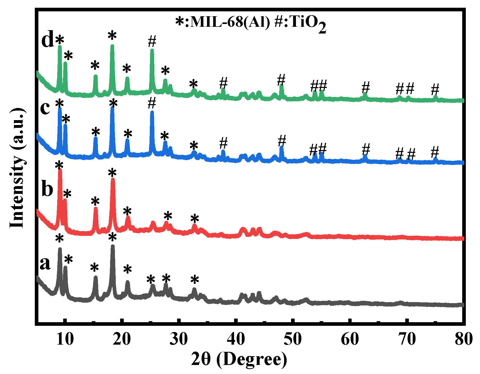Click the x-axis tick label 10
click(x=65, y=339)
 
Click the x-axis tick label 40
click(x=236, y=339)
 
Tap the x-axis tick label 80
click(x=463, y=339)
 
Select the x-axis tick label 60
click(x=350, y=339)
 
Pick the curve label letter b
click(x=47, y=189)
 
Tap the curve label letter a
click(x=45, y=263)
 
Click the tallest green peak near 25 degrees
click(x=152, y=51)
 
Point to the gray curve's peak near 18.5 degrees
click(x=113, y=246)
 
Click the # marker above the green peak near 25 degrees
click(x=152, y=41)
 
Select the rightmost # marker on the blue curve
click(x=435, y=152)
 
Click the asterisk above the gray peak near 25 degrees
click(x=151, y=279)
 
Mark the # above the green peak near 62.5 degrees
click(x=366, y=87)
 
